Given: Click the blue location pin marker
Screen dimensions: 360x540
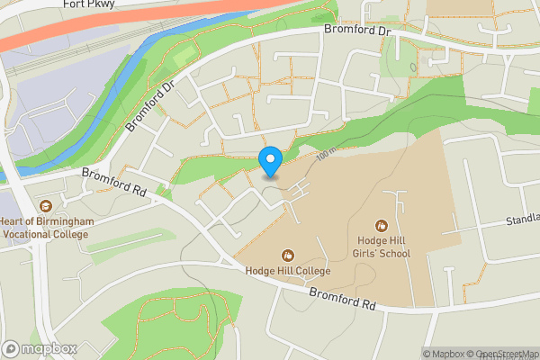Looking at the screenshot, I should coord(270,160).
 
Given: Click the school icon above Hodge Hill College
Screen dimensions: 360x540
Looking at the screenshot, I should coord(288,256).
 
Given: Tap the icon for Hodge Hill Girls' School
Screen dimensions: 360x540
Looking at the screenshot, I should coord(382,225).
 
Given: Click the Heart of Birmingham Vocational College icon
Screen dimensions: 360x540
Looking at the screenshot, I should coord(45,206).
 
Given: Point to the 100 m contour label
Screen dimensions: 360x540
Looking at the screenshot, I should coord(327,155).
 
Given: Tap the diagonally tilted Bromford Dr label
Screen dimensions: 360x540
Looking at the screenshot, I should coord(150,106).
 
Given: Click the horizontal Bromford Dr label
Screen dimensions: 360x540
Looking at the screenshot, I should coord(358,31).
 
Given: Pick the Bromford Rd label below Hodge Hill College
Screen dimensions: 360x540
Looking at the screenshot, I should coord(342,299).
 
